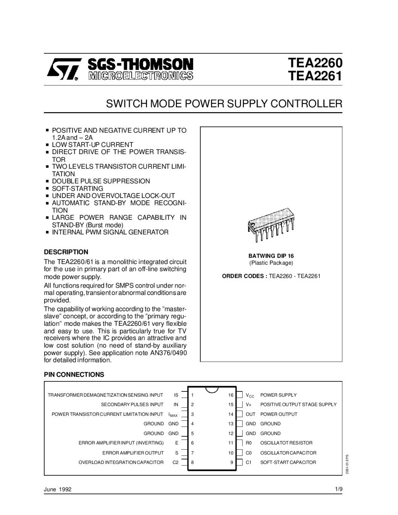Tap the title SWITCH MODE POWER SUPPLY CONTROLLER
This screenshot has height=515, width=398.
[224, 104]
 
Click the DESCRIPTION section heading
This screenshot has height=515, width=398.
[66, 252]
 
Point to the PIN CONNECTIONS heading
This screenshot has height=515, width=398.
[74, 375]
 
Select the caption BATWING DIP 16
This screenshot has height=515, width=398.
[271, 256]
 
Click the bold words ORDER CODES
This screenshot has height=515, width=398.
[244, 276]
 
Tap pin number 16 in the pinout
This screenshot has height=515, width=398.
[231, 395]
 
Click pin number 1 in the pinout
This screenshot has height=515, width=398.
[193, 395]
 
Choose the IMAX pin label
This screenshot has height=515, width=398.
[173, 414]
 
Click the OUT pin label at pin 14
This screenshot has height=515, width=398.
[250, 414]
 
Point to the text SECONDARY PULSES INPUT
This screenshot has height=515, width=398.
[132, 404]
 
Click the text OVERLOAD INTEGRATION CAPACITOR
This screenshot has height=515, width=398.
[121, 462]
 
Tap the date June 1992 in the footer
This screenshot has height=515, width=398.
[58, 489]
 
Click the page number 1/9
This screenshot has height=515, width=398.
[338, 489]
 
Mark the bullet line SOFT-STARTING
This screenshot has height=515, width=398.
[77, 188]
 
